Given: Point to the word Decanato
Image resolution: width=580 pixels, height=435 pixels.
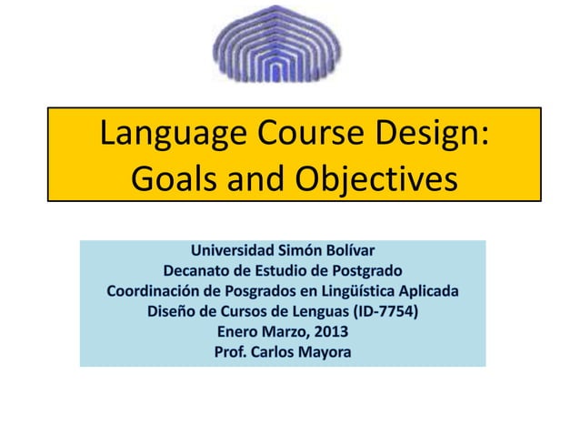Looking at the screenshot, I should (x=201, y=270).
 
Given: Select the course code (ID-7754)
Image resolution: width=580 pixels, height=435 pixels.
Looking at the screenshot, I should (x=384, y=312).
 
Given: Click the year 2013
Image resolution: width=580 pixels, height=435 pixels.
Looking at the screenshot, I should (x=329, y=332).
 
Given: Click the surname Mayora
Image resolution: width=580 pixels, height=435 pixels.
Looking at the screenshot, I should (x=325, y=353).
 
